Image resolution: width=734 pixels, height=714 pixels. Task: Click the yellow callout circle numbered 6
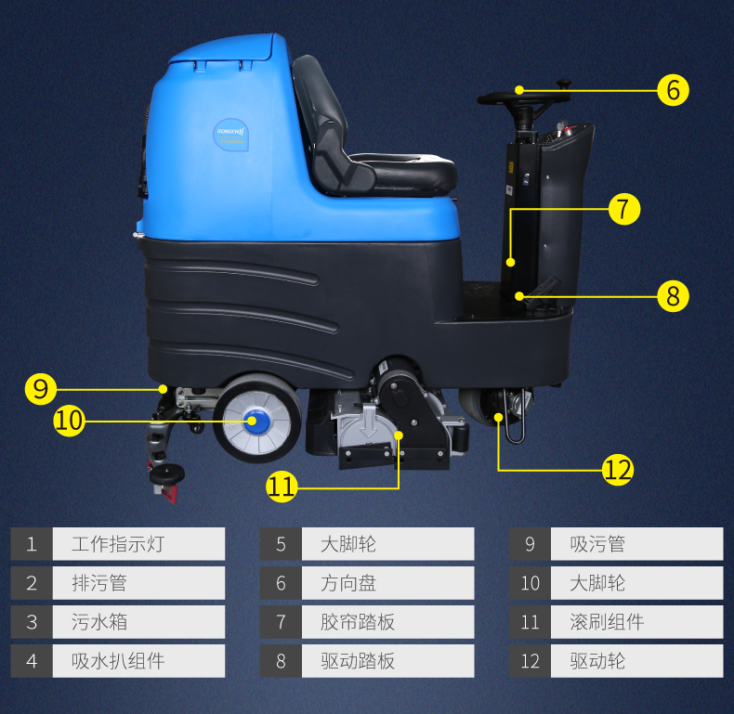click(673, 90)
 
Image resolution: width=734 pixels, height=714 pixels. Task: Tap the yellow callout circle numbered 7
click(624, 209)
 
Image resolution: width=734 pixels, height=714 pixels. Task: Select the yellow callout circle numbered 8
click(673, 296)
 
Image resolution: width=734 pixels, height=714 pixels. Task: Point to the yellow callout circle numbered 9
click(41, 389)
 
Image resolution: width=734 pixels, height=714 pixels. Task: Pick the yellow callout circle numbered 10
click(70, 421)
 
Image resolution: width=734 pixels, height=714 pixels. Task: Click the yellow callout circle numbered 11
click(282, 487)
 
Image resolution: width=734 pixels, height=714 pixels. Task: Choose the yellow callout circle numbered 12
click(618, 469)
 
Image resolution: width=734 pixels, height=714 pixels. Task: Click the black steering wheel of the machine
click(524, 97)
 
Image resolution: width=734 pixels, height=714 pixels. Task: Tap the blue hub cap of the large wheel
click(253, 421)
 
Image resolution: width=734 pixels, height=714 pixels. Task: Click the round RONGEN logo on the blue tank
click(230, 135)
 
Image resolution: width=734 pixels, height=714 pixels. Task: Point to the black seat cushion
click(402, 172)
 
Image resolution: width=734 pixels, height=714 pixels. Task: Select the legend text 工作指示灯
click(118, 544)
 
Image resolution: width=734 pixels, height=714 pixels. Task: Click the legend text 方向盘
click(348, 583)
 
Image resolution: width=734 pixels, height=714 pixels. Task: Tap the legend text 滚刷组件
click(607, 622)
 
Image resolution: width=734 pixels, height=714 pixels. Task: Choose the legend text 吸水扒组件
click(118, 661)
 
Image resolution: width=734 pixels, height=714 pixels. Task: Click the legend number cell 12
click(530, 661)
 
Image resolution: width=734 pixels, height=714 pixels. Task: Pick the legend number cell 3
click(32, 622)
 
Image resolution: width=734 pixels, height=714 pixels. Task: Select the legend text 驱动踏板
click(358, 661)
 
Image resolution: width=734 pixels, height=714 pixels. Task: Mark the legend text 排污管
click(99, 583)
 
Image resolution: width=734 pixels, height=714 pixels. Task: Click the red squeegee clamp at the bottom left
click(166, 493)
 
